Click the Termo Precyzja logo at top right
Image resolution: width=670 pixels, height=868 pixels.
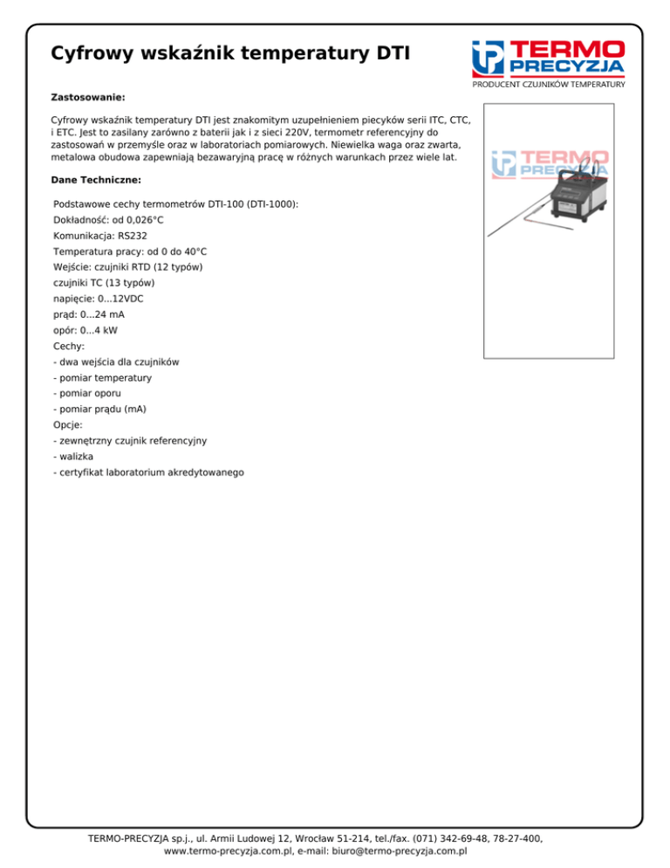[x=548, y=59]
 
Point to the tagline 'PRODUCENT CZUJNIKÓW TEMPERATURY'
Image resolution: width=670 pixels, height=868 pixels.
[x=549, y=85]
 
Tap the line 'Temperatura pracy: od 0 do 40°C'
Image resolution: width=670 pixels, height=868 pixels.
[x=130, y=251]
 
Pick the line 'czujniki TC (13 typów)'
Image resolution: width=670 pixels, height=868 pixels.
[x=104, y=282]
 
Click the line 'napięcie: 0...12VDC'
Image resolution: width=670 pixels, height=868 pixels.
[x=99, y=298]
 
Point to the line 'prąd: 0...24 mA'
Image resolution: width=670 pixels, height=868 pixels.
[x=88, y=313]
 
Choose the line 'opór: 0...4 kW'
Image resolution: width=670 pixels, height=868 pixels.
[x=85, y=330]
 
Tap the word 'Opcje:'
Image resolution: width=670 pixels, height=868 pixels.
[x=68, y=424]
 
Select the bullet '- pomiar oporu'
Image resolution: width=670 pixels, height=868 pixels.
[x=87, y=393]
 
